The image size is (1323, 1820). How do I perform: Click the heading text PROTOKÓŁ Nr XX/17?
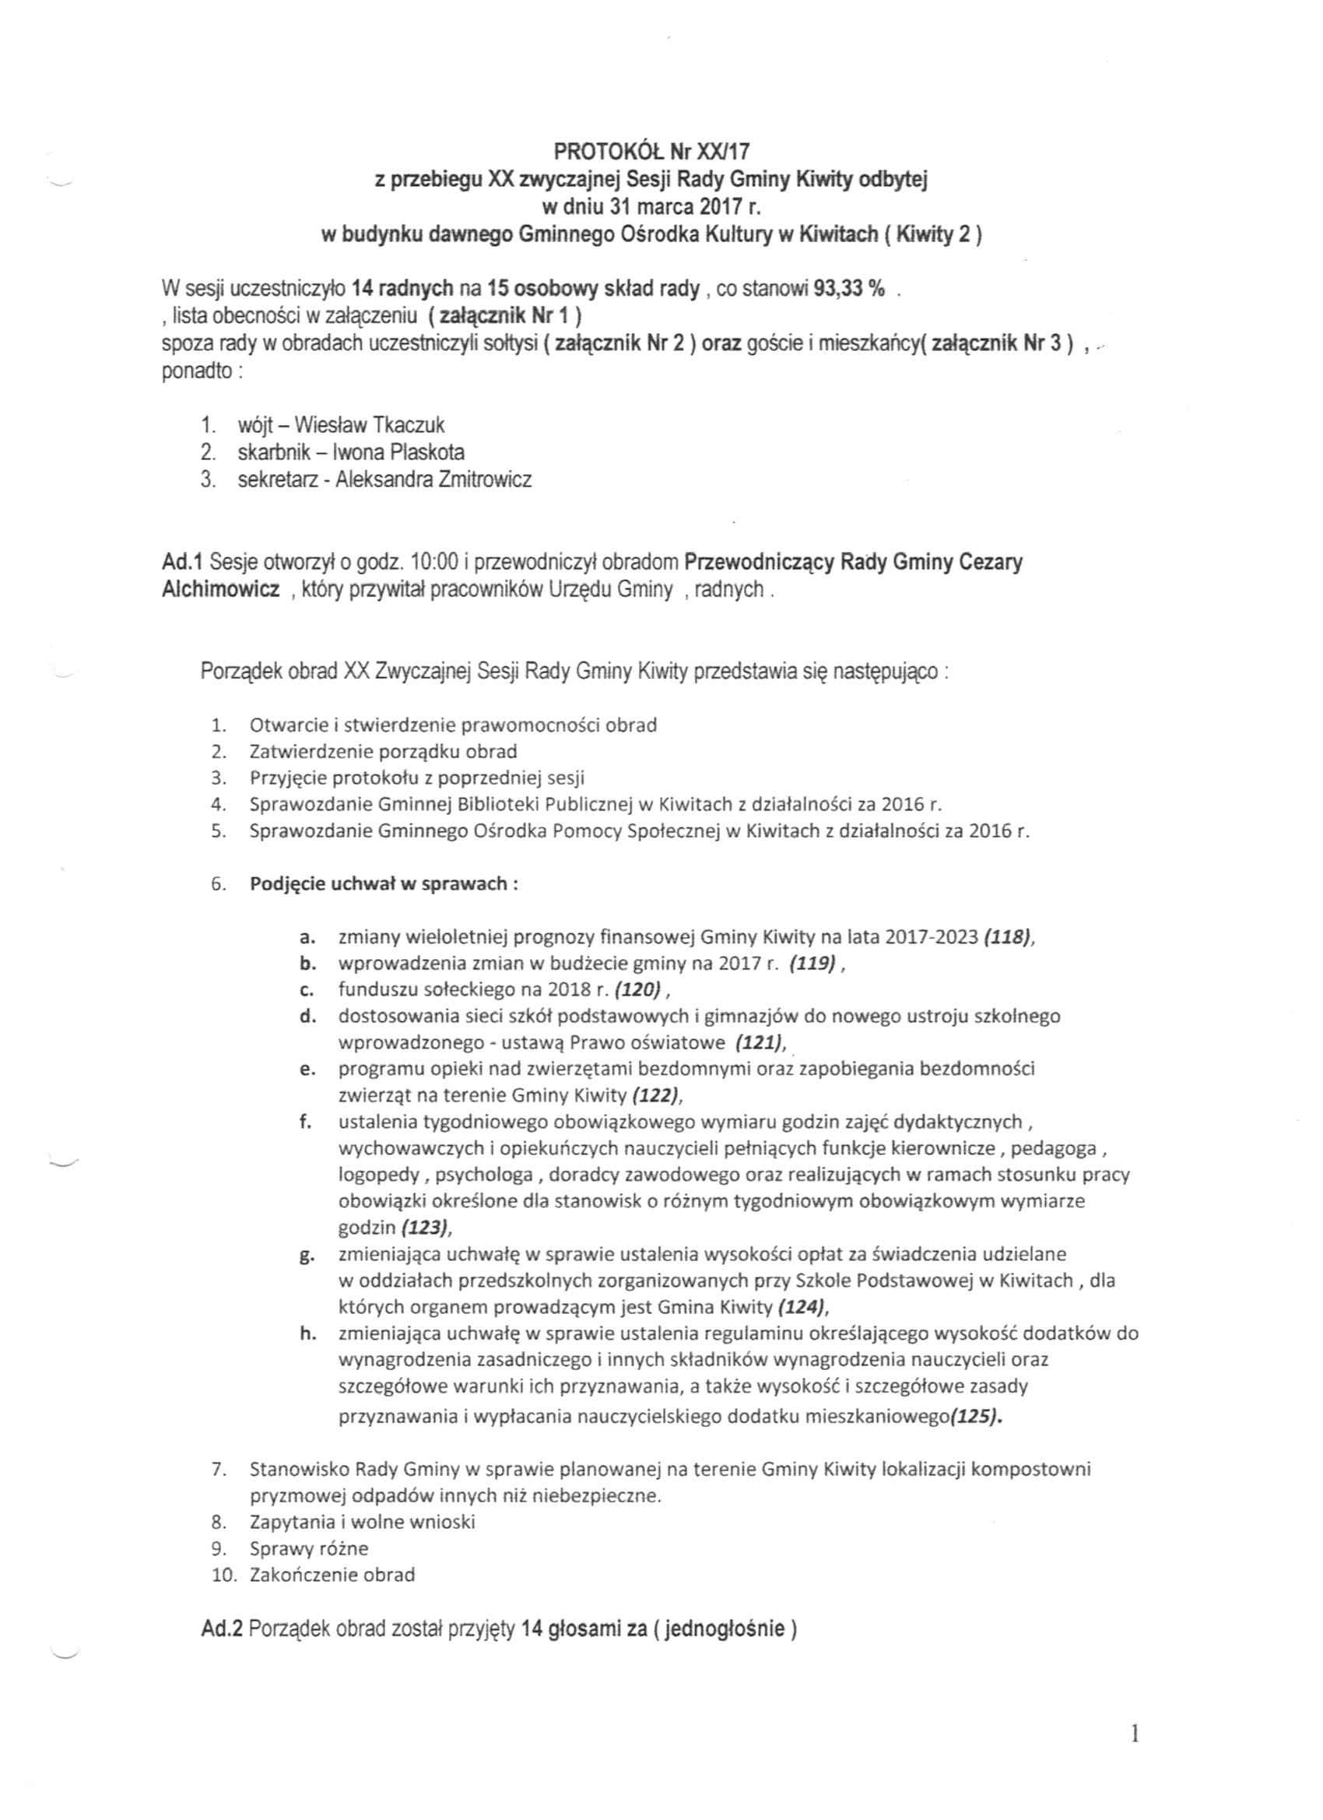[651, 150]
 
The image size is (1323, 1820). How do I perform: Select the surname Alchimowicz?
[221, 590]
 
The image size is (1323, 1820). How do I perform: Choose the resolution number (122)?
[657, 1095]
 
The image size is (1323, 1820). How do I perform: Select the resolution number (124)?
[802, 1307]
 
